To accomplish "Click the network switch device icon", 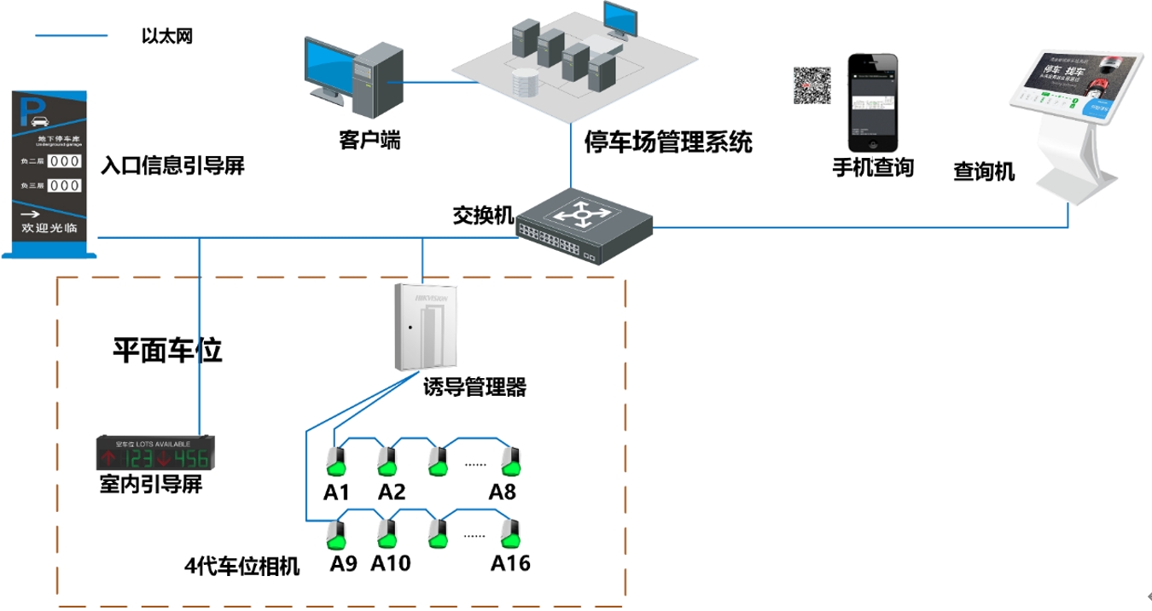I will tap(584, 226).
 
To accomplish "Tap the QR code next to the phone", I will tap(812, 85).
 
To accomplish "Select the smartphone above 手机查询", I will tap(873, 102).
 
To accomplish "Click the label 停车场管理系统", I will tap(668, 141).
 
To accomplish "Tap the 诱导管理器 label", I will tap(474, 388).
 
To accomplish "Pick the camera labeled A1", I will tap(335, 462).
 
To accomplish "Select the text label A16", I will tap(510, 563).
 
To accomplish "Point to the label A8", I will tap(503, 492).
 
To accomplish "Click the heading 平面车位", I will tap(167, 350).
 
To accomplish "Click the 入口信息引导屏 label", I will tap(172, 166).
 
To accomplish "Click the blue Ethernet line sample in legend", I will tap(72, 36).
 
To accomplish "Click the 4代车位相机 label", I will tap(242, 566).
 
